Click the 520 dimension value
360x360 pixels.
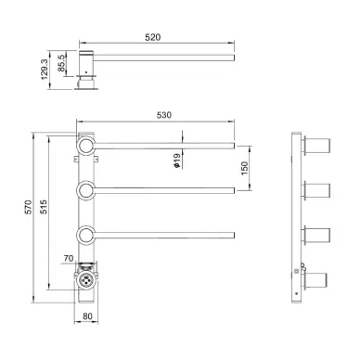(x=153, y=37)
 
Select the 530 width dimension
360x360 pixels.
(x=164, y=115)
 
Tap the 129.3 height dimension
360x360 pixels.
(x=45, y=70)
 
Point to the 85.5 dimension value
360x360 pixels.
(x=61, y=63)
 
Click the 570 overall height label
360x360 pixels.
(x=28, y=207)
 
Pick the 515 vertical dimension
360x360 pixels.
(x=44, y=207)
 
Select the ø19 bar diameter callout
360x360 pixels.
(x=177, y=161)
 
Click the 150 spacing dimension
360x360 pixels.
(x=244, y=168)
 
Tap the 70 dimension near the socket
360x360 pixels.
(x=69, y=258)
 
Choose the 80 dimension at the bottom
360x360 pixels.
(x=87, y=316)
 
